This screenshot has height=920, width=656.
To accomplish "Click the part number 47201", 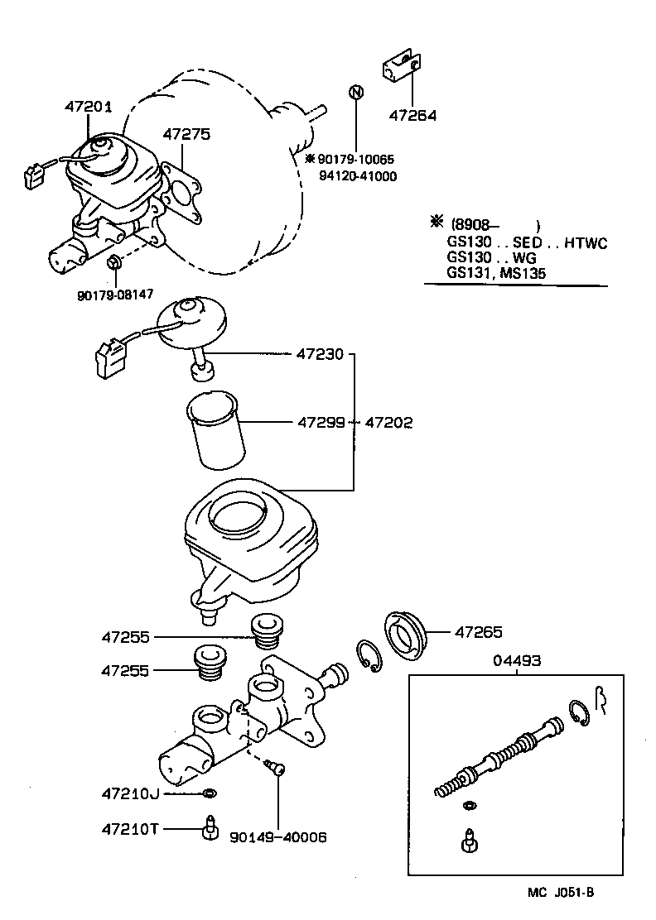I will click(88, 107).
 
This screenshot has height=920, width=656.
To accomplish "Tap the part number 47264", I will click(412, 115).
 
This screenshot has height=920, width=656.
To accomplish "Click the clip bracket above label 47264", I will click(403, 69).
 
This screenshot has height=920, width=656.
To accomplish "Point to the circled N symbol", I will click(355, 92).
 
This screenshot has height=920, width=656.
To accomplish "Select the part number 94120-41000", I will click(358, 176).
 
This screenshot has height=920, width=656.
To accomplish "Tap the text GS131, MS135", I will click(496, 272).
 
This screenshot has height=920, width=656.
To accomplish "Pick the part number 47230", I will click(319, 354).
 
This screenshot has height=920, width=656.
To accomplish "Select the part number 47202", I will click(389, 423).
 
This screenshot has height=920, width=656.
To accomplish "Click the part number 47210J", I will click(130, 793).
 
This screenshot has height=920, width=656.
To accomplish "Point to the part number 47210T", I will click(130, 827).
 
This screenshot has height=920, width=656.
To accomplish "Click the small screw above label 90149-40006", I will click(278, 769).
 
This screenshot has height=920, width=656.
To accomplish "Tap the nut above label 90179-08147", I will click(115, 264).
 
